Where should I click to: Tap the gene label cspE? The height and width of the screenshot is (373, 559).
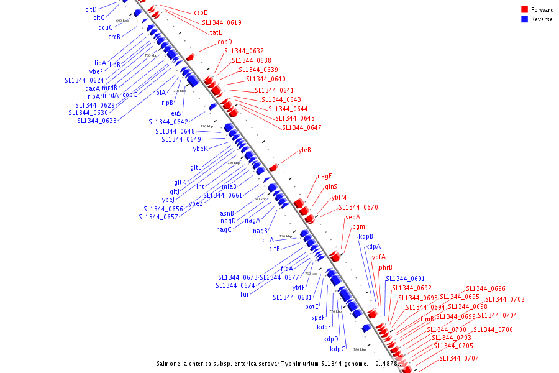[x=201, y=12]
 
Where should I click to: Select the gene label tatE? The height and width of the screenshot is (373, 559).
[x=216, y=32]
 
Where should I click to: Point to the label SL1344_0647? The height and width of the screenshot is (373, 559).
[x=302, y=127]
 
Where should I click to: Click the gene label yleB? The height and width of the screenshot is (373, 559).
[x=304, y=150]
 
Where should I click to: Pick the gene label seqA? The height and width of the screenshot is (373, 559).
[x=353, y=217]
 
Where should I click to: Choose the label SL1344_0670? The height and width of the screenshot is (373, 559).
[x=358, y=207]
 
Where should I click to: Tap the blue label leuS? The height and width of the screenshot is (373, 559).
[x=175, y=113]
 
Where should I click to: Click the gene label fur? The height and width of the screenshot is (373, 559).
[x=245, y=294]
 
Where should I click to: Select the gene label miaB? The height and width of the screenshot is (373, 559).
[x=229, y=186]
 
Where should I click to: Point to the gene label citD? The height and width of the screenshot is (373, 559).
[x=91, y=9]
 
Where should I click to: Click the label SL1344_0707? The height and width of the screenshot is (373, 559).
[x=459, y=358]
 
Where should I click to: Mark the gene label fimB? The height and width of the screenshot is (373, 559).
[x=427, y=320]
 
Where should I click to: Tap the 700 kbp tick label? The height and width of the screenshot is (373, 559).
[x=151, y=55]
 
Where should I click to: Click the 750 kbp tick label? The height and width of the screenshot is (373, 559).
[x=286, y=236]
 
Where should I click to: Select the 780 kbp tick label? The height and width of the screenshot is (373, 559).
[x=360, y=349]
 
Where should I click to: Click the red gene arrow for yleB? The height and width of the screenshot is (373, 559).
[x=273, y=167]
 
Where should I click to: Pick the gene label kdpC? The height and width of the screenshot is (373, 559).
[x=334, y=349]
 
